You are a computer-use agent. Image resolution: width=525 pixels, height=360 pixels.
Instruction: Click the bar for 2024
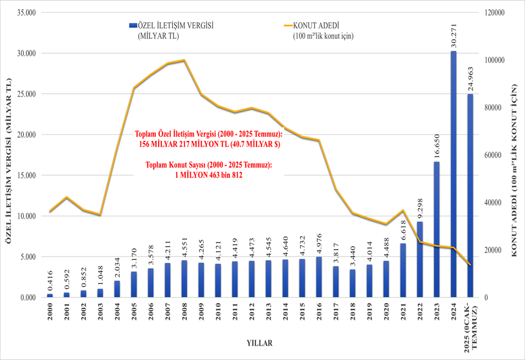(454, 174)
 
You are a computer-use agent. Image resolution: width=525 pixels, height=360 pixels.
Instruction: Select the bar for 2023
(437, 229)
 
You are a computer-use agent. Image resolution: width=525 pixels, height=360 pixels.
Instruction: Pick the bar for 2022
(420, 259)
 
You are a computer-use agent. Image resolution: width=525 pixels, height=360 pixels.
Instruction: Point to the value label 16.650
(437, 146)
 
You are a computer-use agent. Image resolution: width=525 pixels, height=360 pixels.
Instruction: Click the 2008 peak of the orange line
(184, 60)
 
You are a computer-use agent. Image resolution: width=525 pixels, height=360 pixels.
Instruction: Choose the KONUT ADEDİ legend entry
(316, 25)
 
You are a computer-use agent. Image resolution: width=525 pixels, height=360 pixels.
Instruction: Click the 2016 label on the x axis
(319, 312)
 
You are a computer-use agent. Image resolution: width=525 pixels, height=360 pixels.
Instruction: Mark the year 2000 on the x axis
(50, 312)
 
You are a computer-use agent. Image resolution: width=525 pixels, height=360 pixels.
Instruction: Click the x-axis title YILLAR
(259, 343)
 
